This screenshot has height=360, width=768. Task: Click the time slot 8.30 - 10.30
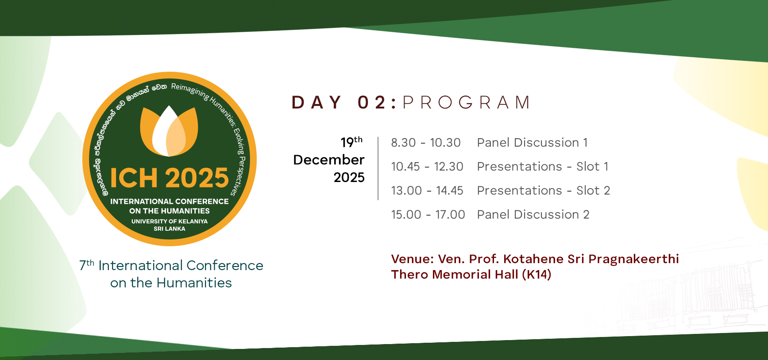point(426,143)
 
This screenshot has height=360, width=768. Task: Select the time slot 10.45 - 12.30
point(427,166)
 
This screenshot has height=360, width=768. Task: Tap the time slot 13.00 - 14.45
point(427,190)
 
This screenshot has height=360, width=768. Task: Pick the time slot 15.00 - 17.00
point(428,214)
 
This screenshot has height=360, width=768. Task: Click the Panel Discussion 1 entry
point(533,143)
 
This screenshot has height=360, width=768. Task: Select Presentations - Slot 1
point(543,166)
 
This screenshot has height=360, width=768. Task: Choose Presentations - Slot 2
point(544,190)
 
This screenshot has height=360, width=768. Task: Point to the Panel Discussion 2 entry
point(533,214)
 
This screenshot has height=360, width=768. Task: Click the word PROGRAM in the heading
point(466,102)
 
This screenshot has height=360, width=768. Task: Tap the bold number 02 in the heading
point(372,102)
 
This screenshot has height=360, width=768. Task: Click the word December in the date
point(329,160)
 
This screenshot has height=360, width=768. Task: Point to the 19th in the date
point(351,142)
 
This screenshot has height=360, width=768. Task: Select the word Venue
point(413,259)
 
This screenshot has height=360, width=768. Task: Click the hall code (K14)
point(536,275)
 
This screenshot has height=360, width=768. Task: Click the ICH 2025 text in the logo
point(169,178)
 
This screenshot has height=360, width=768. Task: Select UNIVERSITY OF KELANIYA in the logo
point(170,221)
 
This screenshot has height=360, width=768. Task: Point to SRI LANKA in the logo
point(170,229)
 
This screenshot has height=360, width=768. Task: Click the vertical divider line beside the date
point(378,168)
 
